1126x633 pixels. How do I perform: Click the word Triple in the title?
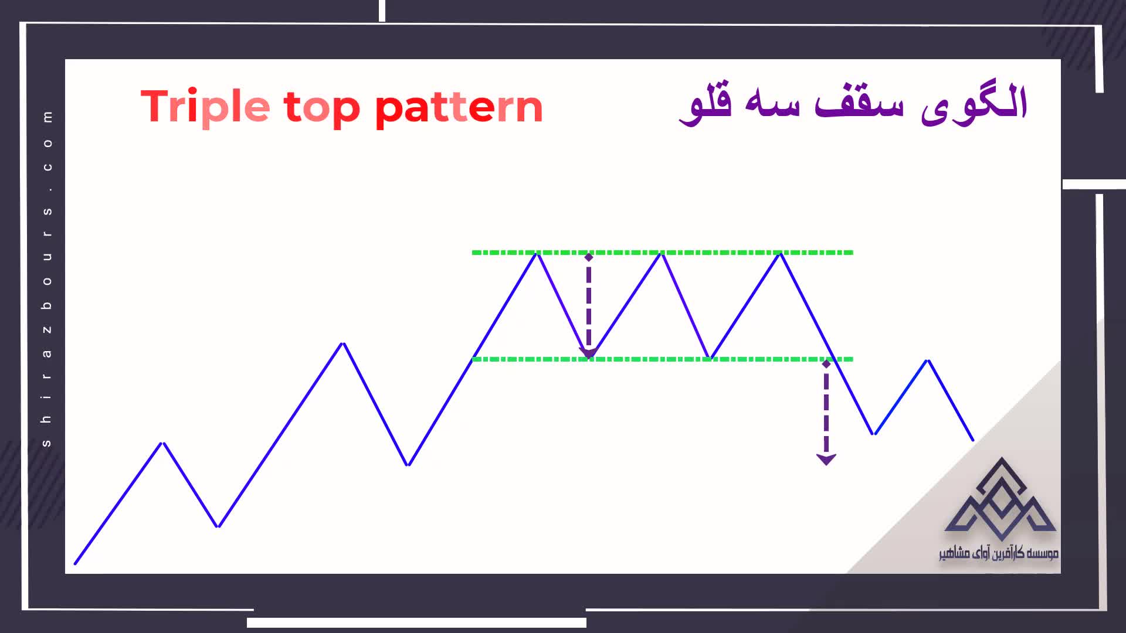coord(205,107)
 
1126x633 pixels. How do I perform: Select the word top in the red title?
coord(322,108)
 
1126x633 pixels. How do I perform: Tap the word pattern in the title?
coord(459,108)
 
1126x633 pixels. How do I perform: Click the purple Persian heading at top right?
coord(853,104)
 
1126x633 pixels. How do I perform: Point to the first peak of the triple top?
coord(537,253)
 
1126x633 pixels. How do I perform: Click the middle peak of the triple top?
coord(662,253)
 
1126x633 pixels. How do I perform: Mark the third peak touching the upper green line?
coord(781,253)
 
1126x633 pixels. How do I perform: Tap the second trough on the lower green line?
coord(710,358)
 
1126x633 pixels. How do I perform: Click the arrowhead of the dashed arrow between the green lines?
coord(588,352)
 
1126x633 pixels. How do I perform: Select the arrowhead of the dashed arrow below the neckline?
coord(826,460)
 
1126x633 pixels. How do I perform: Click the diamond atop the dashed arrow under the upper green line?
coord(589,257)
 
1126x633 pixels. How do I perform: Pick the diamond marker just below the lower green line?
coord(826,364)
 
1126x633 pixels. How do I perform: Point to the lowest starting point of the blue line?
coord(75,564)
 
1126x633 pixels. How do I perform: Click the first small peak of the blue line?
coord(163,443)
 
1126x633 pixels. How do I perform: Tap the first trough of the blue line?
coord(218,526)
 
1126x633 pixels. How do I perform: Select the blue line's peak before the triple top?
coord(343,343)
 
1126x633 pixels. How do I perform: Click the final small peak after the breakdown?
coord(928,360)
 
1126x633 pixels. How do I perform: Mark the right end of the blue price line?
coord(973,440)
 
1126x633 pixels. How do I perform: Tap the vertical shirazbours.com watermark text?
coord(47,278)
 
